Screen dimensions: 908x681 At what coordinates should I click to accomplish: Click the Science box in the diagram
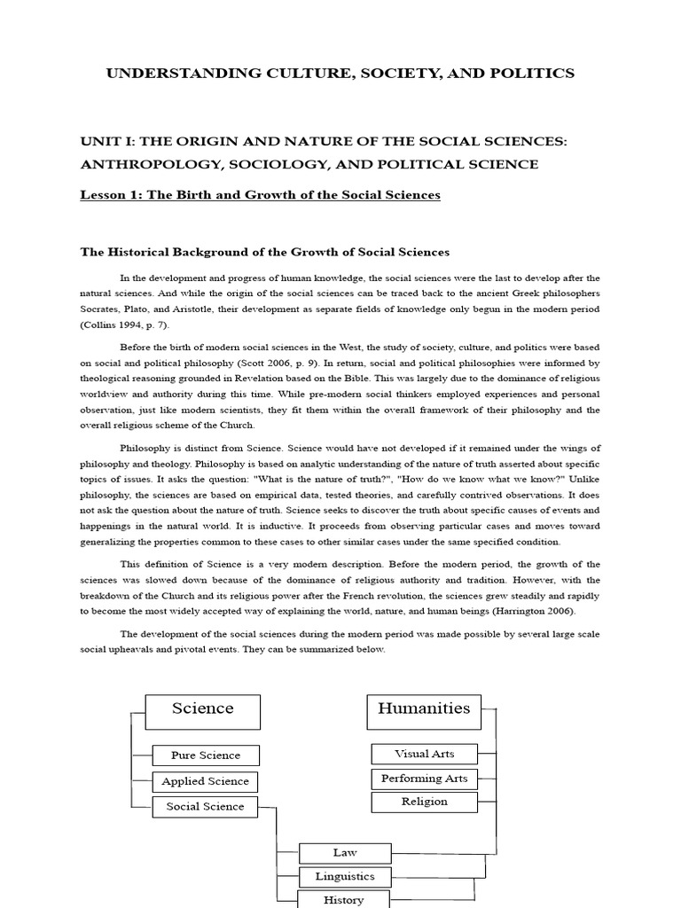(203, 708)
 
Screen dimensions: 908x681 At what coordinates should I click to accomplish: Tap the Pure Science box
(207, 755)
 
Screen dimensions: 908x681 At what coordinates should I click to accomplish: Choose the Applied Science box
(206, 781)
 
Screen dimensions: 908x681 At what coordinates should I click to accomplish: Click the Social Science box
(205, 806)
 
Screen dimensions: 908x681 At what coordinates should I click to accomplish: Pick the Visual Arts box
(424, 754)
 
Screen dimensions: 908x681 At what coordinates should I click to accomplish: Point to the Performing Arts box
(424, 779)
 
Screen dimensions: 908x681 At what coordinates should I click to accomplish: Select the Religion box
(424, 802)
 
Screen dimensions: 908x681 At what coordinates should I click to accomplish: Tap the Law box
(345, 853)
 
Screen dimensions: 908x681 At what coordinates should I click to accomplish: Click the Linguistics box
(345, 876)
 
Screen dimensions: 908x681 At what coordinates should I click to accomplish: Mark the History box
(345, 899)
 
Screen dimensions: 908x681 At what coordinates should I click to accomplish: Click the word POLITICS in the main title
(532, 74)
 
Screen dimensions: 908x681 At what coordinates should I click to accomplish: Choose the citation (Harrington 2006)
(545, 612)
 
